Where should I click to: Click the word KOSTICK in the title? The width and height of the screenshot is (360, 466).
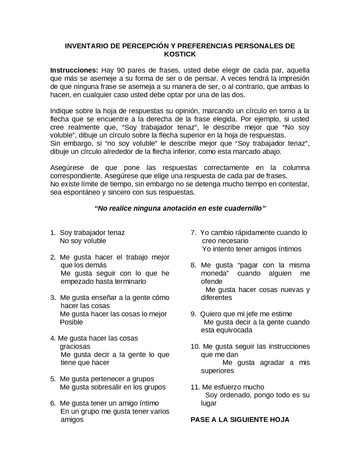point(180,54)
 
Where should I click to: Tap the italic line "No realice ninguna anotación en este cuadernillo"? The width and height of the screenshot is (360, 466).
point(180,209)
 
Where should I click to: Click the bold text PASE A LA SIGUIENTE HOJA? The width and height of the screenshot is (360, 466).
point(240,420)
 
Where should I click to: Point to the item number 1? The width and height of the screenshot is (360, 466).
point(53,233)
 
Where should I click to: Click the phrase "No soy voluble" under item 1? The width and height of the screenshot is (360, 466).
point(83,241)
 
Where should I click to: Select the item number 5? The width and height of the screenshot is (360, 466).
point(53,379)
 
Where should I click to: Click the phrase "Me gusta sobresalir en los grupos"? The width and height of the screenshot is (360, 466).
point(112,387)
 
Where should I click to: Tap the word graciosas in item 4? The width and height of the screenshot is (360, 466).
point(75,346)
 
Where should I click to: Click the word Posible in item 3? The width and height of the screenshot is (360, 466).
point(71,322)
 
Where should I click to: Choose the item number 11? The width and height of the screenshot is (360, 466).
point(195,387)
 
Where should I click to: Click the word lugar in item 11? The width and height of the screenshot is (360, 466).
point(209,403)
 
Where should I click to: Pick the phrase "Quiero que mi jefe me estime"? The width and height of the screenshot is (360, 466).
point(246,314)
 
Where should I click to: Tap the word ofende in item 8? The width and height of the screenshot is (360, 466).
point(211,282)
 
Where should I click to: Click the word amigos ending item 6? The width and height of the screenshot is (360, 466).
point(72,420)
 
